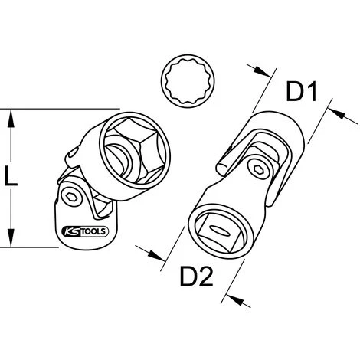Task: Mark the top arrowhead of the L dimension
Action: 11,115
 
